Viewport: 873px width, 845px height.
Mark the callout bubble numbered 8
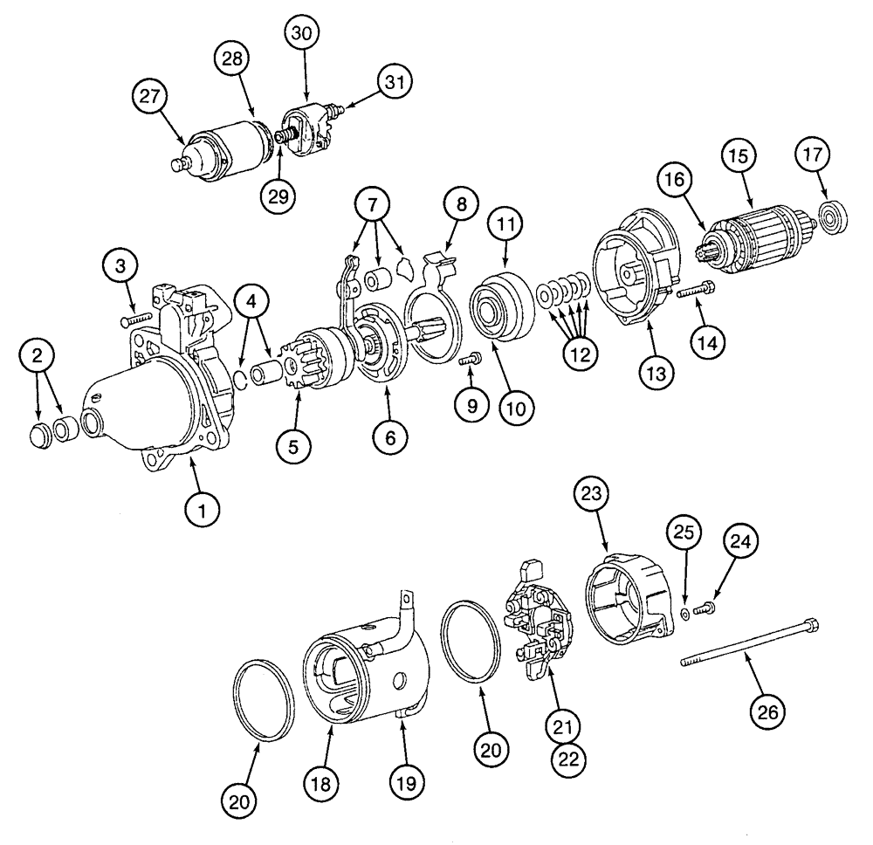461,206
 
